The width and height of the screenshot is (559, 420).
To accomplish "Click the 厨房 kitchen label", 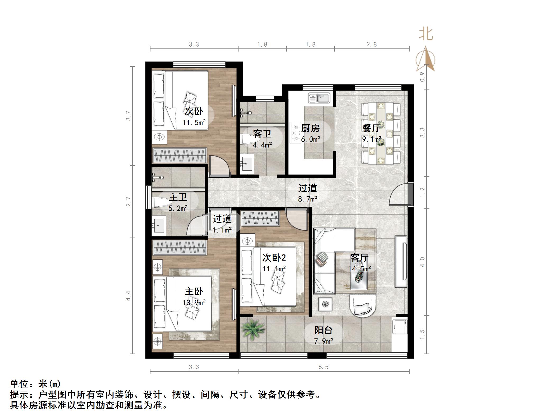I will tap(310, 128).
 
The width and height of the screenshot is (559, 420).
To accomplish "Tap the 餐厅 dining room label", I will tap(372, 128).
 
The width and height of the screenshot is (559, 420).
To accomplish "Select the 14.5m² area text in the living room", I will tap(359, 269).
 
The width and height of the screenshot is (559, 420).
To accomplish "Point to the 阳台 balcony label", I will tap(323, 330).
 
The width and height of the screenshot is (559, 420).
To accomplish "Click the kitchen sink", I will tap(319, 98).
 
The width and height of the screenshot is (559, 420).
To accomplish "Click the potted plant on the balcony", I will tap(253, 330).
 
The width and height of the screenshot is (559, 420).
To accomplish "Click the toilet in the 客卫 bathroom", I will tap(247, 140).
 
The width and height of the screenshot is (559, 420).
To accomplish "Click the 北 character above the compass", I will tap(426, 35).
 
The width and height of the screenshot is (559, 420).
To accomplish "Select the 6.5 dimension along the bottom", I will tap(323, 367).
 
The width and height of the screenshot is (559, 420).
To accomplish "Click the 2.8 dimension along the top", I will tap(372, 44).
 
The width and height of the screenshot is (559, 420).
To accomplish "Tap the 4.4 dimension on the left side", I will tap(128, 296).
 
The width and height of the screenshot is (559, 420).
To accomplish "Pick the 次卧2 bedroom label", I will tap(274, 257).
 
